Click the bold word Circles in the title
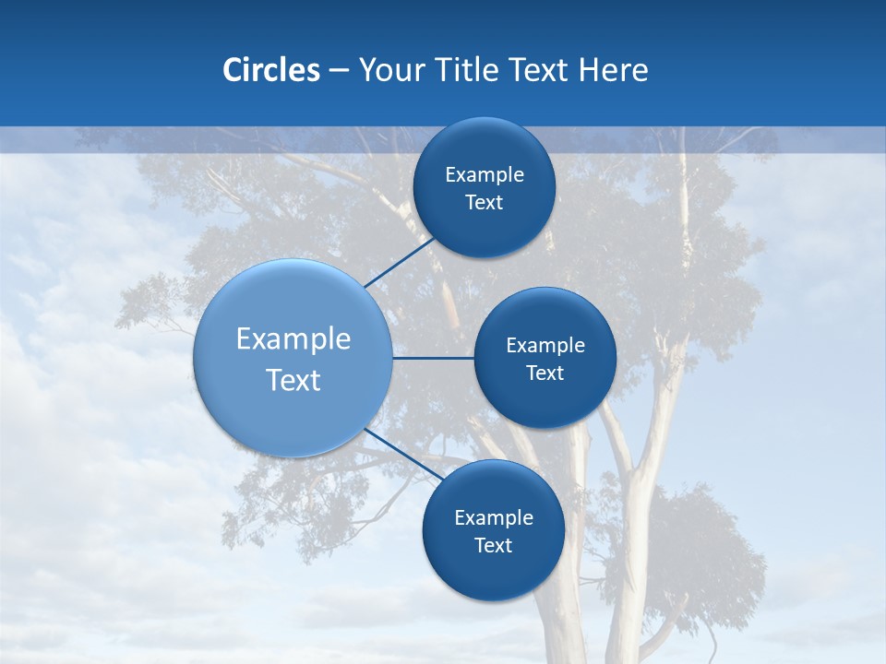271,70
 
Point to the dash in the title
339,71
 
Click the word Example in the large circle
293,338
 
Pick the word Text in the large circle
293,380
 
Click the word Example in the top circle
485,175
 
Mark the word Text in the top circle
485,203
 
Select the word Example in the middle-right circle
545,346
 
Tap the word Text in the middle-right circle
545,373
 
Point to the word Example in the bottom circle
494,518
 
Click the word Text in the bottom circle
494,546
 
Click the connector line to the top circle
401,262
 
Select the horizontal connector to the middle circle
433,358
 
